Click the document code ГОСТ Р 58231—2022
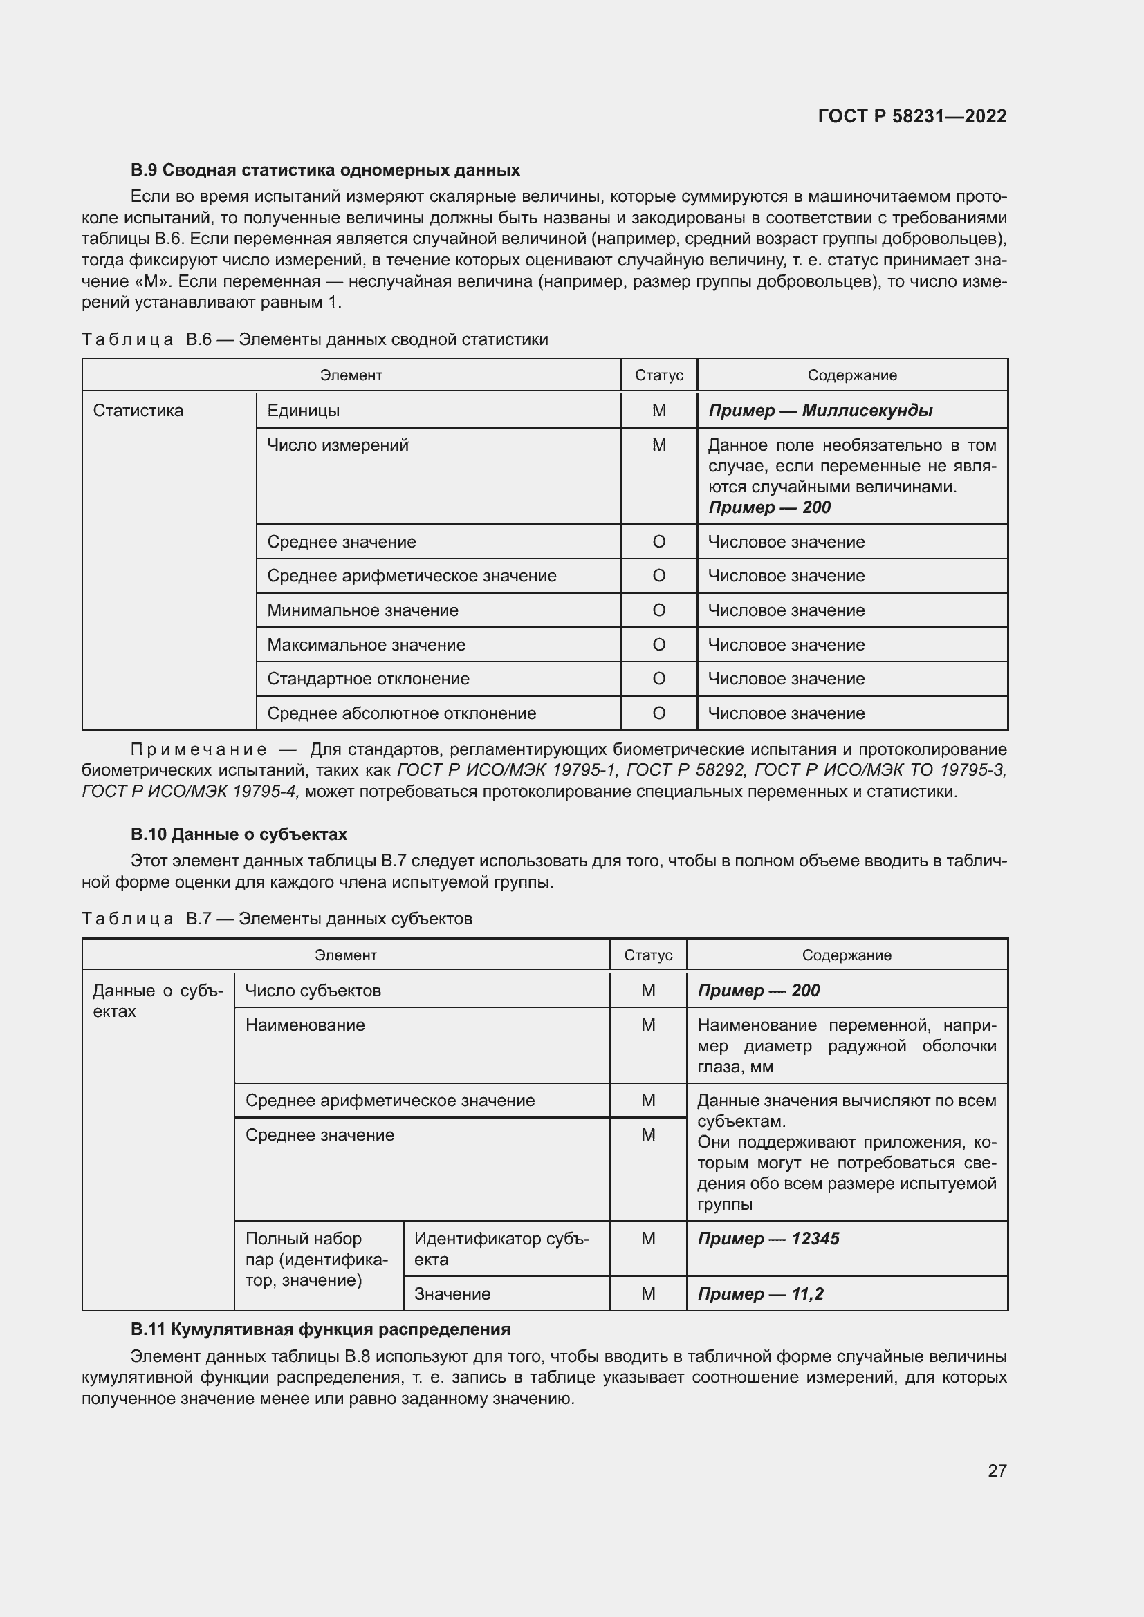coord(912,116)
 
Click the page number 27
coord(997,1470)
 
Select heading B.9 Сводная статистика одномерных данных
coord(325,170)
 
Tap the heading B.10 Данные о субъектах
coord(239,834)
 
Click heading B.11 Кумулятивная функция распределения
coord(320,1329)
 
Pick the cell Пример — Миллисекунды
coord(820,411)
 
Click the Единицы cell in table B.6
coord(303,411)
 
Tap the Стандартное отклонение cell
coord(368,679)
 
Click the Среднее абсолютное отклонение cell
coord(401,713)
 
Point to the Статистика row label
coord(138,411)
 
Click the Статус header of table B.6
coord(658,375)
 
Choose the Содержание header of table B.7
coord(846,955)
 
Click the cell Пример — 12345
coord(768,1239)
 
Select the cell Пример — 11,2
coord(760,1294)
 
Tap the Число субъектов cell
coord(313,991)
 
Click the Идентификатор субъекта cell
coord(501,1249)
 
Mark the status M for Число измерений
coord(658,445)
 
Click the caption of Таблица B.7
coord(277,919)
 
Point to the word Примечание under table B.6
coord(199,749)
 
